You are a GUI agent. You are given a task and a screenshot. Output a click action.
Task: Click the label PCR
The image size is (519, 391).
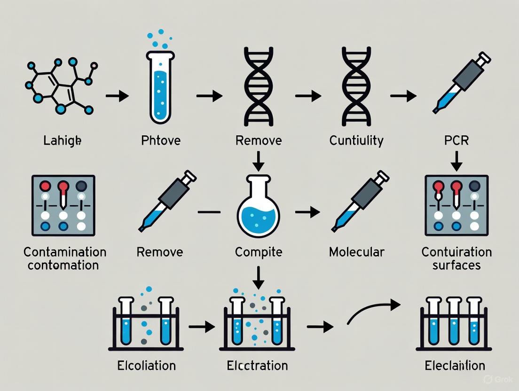pyautogui.click(x=456, y=140)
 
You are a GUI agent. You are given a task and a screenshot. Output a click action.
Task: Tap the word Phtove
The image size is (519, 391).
pyautogui.click(x=161, y=140)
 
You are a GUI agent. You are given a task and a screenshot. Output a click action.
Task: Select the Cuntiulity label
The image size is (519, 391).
pyautogui.click(x=356, y=140)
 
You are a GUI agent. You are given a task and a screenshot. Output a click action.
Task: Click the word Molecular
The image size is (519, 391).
pyautogui.click(x=356, y=252)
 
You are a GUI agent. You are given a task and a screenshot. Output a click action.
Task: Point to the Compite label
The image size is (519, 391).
pyautogui.click(x=259, y=252)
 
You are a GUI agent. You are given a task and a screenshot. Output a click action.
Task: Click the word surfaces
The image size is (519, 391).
pyautogui.click(x=456, y=265)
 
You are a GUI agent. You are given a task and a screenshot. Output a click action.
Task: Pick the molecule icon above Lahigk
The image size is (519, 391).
pyautogui.click(x=59, y=87)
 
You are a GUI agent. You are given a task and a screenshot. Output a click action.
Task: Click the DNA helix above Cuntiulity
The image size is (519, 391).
pyautogui.click(x=356, y=87)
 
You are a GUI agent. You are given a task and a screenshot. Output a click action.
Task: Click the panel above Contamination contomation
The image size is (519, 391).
pyautogui.click(x=63, y=205)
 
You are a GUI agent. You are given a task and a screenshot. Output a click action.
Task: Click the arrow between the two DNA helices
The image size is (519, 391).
pyautogui.click(x=308, y=96)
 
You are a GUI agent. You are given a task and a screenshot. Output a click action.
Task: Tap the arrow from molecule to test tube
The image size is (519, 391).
pyautogui.click(x=117, y=96)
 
